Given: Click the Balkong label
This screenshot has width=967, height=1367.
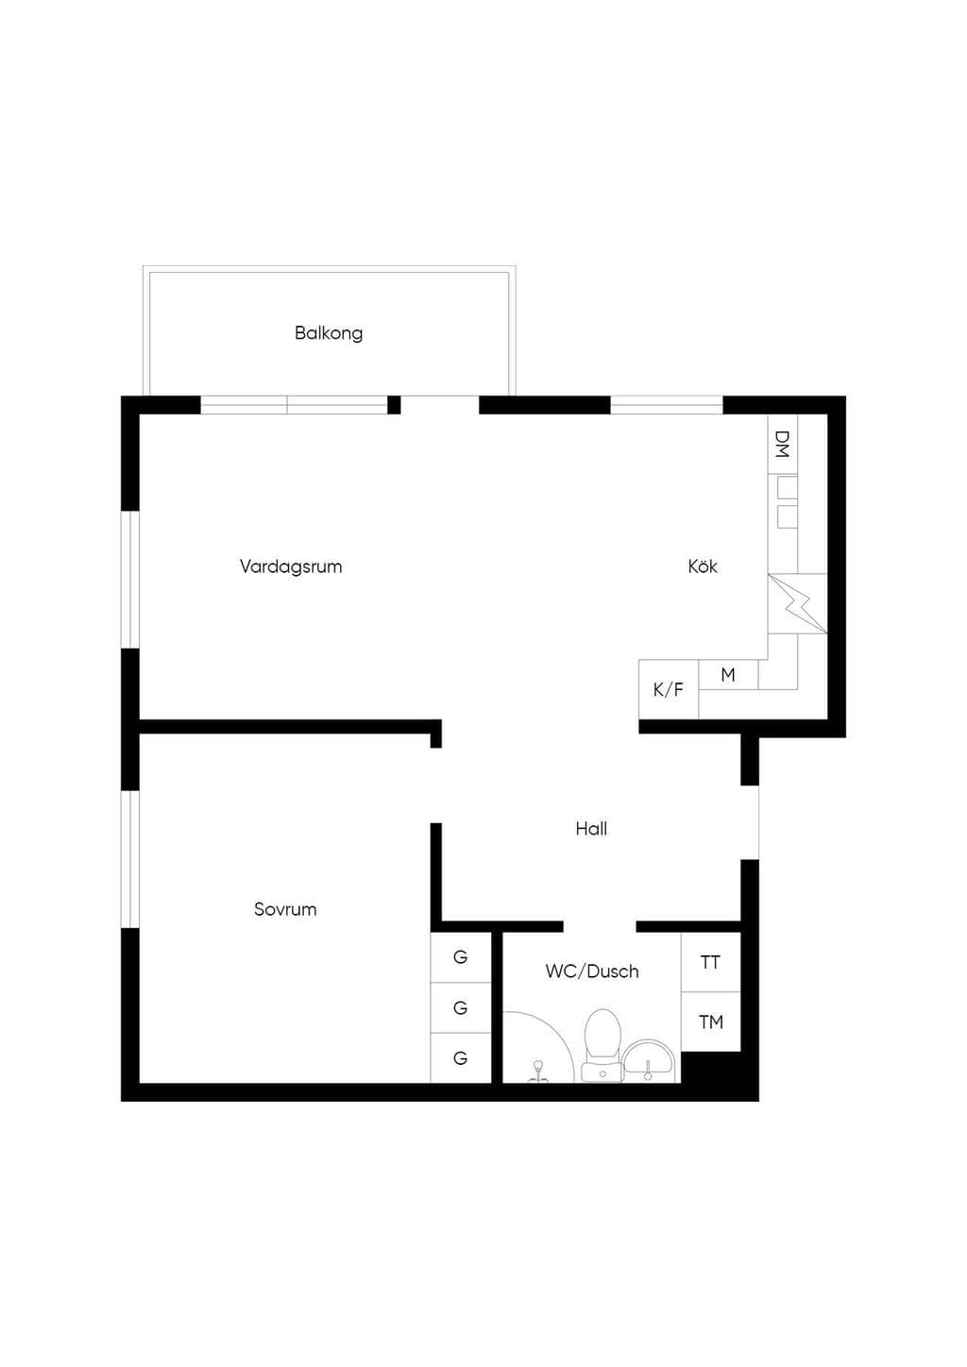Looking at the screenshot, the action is point(329,333).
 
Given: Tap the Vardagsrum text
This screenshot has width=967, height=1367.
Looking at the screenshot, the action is point(291,566).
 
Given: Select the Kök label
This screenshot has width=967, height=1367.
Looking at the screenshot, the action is point(703,566).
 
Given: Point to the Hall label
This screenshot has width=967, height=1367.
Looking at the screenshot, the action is point(591,829).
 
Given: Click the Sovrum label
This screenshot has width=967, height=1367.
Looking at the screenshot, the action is point(285,909).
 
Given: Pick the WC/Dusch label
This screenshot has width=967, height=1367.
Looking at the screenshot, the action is point(592,970).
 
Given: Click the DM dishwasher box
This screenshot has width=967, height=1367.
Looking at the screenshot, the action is point(783,445).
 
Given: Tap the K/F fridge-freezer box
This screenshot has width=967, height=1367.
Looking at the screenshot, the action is point(669,689).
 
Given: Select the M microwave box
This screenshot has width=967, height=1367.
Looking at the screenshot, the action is point(728,674).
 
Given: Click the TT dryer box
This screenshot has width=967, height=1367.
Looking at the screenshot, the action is point(710,962).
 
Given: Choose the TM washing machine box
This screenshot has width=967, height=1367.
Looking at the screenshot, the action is point(710,1021).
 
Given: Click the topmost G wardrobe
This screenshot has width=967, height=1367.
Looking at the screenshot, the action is point(461,957).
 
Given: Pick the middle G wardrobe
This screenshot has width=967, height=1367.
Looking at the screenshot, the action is point(461,1007).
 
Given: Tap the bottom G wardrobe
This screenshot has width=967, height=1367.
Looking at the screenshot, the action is point(461,1058).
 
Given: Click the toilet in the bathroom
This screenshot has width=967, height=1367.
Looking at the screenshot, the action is point(602,1045).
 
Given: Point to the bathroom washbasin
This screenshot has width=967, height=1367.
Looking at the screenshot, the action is point(648,1061).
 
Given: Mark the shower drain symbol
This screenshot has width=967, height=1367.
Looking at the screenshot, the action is point(538,1071).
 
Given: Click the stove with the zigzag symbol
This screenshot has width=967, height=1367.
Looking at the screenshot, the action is point(797,603).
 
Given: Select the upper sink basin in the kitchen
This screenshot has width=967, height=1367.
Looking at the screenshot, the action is point(788,487).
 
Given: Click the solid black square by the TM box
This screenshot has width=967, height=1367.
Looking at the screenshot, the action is point(711,1068).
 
